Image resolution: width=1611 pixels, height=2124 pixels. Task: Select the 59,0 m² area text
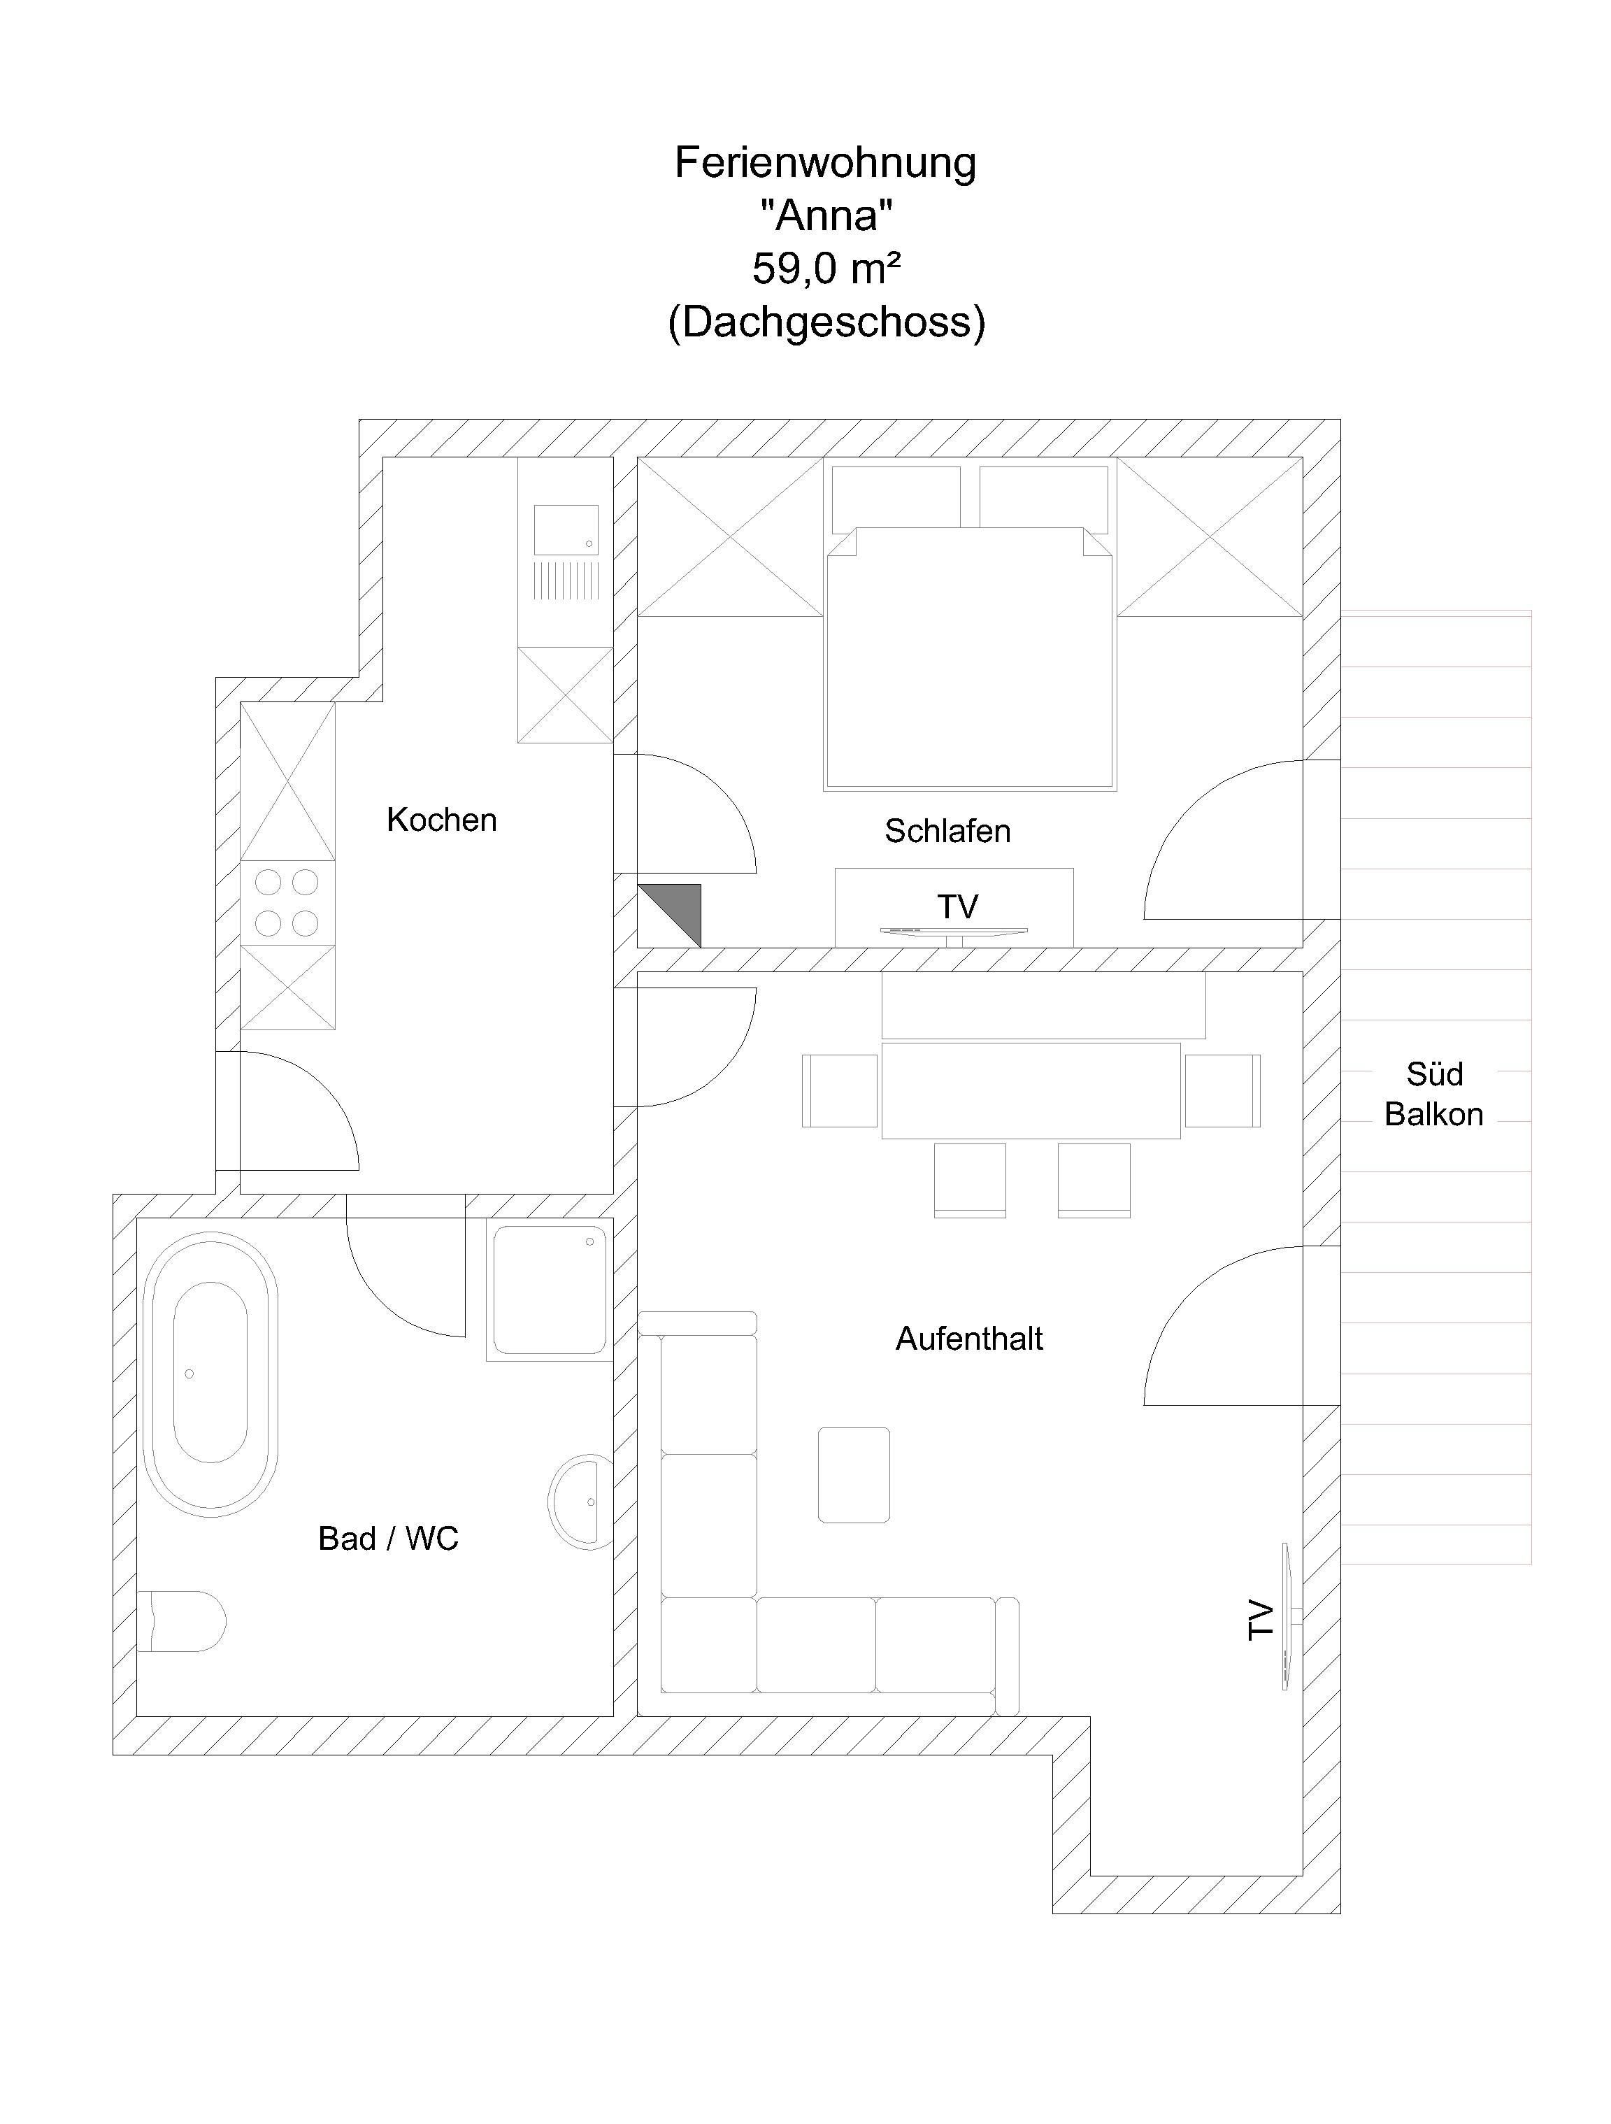click(x=826, y=269)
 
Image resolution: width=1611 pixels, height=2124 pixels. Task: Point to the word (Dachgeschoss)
click(x=826, y=322)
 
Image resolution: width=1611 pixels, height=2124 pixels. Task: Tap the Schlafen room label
click(x=947, y=831)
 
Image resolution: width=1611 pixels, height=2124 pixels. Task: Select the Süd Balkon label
click(x=1433, y=1094)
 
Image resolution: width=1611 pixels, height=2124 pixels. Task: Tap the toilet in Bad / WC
click(x=182, y=1622)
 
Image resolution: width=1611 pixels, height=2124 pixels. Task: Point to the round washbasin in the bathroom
click(x=582, y=1502)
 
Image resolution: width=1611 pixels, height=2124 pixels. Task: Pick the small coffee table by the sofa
click(x=854, y=1475)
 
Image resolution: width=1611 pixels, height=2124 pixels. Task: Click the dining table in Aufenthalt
click(x=1030, y=1090)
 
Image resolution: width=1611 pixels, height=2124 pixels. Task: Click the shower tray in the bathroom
click(x=550, y=1290)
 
